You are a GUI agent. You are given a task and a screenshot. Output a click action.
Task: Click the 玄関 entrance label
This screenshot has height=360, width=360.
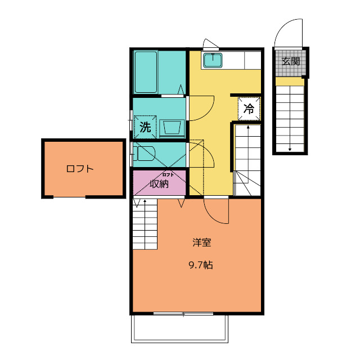click(291, 61)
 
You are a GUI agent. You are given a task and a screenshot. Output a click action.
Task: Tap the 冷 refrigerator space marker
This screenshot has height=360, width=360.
click(249, 109)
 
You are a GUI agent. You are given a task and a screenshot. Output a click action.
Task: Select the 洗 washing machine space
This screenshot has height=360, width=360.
click(145, 127)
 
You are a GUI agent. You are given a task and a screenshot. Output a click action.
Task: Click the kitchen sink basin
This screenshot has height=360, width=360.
click(213, 60)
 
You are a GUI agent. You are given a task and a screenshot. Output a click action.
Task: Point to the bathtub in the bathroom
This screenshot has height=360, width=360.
click(146, 72)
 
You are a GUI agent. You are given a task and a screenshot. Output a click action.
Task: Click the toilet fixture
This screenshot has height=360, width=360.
click(144, 154)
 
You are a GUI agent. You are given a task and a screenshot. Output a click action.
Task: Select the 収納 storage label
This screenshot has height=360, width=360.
click(159, 184)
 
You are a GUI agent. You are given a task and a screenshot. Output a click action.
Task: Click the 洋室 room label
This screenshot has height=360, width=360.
click(202, 242)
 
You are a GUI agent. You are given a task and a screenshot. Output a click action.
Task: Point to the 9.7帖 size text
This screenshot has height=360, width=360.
click(201, 265)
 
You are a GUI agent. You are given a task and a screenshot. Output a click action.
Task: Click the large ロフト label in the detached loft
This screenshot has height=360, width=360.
click(80, 169)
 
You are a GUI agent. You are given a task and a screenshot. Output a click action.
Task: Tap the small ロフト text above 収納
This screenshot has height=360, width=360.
click(168, 175)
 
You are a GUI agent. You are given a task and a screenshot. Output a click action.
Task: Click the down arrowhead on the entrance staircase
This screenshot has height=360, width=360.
click(290, 150)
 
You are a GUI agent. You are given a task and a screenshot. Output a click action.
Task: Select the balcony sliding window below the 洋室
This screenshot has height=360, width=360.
click(183, 314)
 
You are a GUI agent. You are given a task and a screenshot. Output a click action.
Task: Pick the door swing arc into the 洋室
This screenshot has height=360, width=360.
click(213, 215)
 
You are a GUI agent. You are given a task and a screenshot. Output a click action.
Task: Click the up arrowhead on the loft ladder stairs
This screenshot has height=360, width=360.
click(145, 201)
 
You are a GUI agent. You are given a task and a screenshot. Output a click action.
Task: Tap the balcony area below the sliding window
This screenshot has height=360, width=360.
click(179, 328)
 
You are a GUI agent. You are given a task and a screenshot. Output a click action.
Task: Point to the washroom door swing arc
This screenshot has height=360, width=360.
click(201, 109)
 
